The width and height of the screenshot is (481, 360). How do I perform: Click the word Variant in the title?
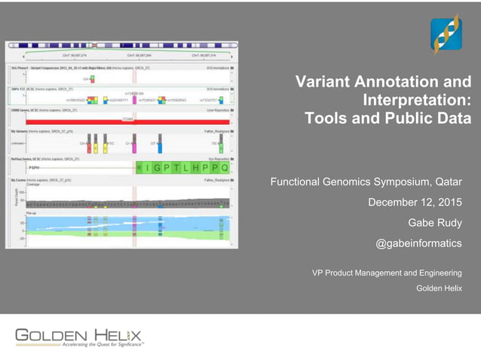tap(323, 82)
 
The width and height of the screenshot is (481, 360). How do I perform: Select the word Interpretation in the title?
tap(416, 100)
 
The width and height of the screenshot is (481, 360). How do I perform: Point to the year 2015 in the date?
tap(446, 202)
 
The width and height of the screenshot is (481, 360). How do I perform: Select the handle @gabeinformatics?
tap(418, 243)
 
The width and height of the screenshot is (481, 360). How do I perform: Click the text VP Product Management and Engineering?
tap(387, 273)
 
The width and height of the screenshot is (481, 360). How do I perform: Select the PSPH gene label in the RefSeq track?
tap(34, 169)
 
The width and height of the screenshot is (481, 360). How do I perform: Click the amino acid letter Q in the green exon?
tap(224, 168)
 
